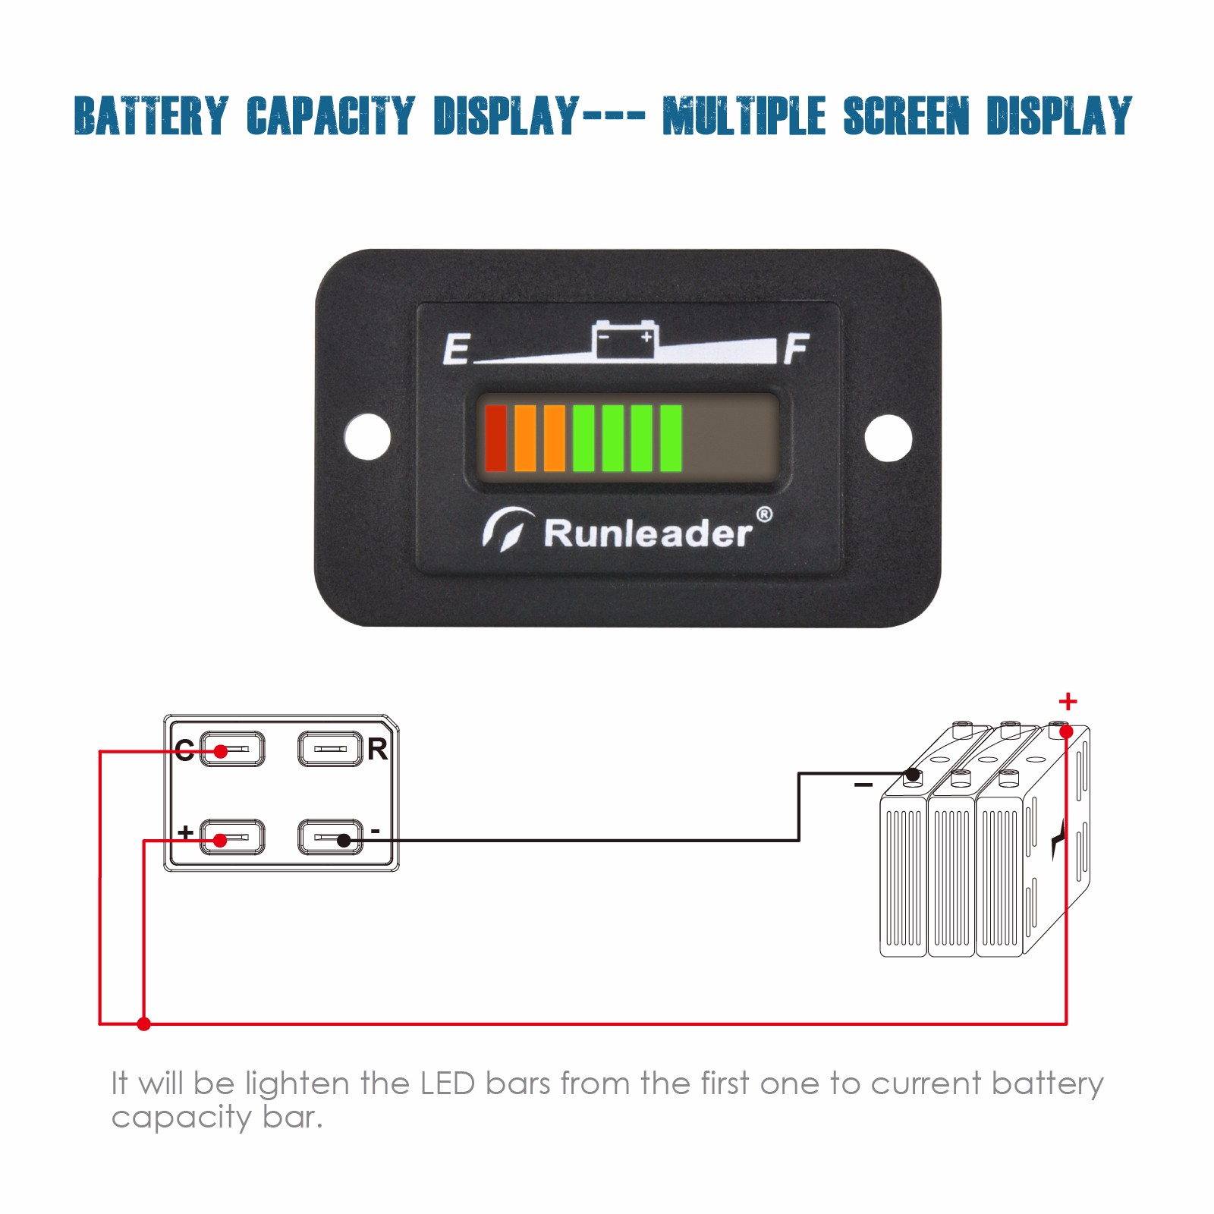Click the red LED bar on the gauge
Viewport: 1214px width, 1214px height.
495,439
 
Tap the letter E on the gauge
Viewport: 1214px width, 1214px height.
457,349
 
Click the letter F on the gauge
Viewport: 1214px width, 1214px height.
796,348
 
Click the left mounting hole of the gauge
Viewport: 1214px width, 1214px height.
367,436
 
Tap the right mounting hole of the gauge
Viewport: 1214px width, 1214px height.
888,437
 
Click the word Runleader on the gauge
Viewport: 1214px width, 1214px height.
648,533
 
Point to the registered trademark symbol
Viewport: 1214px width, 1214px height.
764,515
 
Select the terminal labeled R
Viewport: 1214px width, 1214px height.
330,749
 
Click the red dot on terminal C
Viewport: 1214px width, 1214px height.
221,751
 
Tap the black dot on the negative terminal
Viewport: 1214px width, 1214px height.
344,840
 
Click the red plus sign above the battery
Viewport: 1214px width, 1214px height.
1068,701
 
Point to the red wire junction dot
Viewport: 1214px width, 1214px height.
143,1024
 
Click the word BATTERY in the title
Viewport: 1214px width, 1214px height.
151,116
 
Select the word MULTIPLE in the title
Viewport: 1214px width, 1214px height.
744,116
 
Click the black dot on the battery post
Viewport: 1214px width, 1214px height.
913,775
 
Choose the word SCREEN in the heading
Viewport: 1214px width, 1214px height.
907,116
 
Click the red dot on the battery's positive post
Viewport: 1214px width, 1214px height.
1066,731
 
